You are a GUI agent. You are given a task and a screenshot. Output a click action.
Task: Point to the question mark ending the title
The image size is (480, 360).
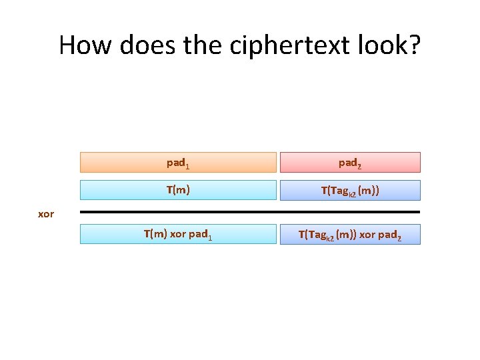413,45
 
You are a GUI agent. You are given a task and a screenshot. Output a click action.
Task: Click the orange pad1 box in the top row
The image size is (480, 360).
178,162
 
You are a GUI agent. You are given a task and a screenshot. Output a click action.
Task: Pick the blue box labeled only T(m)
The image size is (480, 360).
178,190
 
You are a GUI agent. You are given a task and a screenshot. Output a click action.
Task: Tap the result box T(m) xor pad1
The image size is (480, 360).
178,234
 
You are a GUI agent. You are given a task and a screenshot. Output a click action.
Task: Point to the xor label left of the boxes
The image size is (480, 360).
46,214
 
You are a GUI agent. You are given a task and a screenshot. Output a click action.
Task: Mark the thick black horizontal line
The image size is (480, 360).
250,212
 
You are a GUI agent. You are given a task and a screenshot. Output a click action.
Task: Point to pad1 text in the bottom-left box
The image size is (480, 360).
201,235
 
